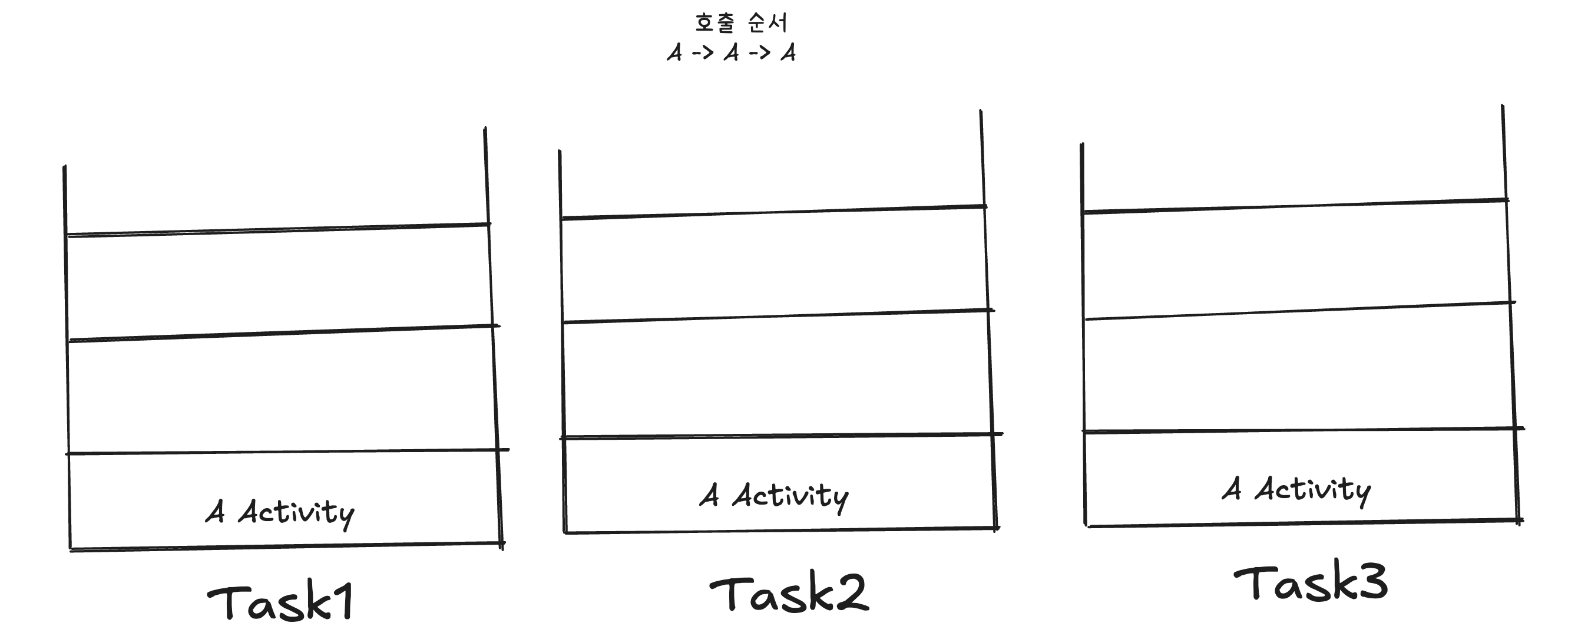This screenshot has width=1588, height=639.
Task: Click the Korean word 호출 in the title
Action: [x=714, y=24]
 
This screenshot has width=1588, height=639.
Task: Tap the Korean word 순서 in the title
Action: [x=767, y=24]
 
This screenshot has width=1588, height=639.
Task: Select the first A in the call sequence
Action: [x=674, y=52]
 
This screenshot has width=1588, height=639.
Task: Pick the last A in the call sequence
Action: [x=788, y=52]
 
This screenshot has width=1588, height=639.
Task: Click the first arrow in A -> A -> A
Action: [x=703, y=52]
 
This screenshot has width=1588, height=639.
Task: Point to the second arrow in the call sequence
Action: [x=759, y=52]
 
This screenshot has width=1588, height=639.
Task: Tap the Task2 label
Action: [x=789, y=594]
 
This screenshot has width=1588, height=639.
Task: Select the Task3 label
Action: [x=1310, y=583]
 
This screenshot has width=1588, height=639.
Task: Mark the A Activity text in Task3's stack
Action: [x=1296, y=490]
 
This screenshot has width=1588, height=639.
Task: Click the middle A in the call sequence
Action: [x=731, y=52]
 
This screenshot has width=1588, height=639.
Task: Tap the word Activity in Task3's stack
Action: [x=1313, y=490]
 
